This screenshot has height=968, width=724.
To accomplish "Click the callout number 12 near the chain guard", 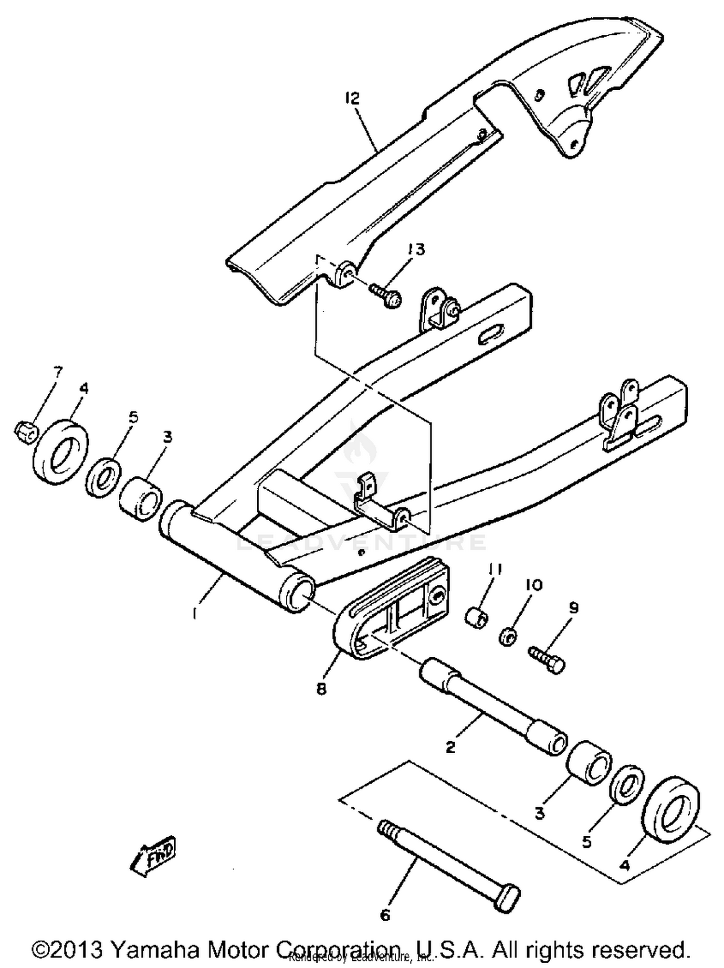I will pos(352,98).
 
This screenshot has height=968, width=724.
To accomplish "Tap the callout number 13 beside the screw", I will pos(416,249).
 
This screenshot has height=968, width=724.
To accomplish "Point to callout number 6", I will pos(385,913).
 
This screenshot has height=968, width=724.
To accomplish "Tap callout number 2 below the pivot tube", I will pos(450,747).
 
